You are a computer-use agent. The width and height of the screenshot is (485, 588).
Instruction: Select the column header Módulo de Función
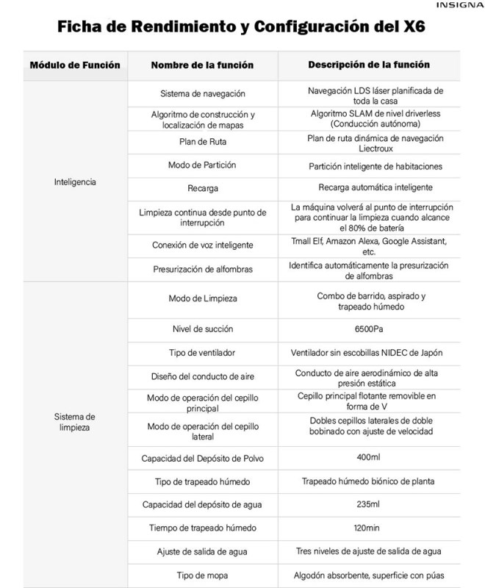(x=74, y=65)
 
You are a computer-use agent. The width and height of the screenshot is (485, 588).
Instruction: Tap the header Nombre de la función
(x=202, y=65)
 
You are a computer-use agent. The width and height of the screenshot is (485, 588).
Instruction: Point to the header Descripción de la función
(x=369, y=65)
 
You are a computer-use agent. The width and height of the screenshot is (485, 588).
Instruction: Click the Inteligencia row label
(x=75, y=181)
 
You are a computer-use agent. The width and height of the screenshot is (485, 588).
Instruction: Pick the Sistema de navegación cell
(x=202, y=94)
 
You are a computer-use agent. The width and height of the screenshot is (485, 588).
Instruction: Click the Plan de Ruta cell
(x=202, y=142)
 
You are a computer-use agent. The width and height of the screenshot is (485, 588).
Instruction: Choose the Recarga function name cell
(x=202, y=188)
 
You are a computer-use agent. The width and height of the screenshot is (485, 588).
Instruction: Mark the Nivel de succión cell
(x=202, y=328)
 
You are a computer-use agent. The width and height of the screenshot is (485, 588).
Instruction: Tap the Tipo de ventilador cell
(x=202, y=351)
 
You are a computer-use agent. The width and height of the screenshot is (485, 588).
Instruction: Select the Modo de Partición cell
(x=202, y=165)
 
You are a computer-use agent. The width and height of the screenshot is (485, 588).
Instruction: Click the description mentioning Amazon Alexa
(x=375, y=245)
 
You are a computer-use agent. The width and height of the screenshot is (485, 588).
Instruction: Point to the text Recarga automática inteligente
(x=375, y=187)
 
